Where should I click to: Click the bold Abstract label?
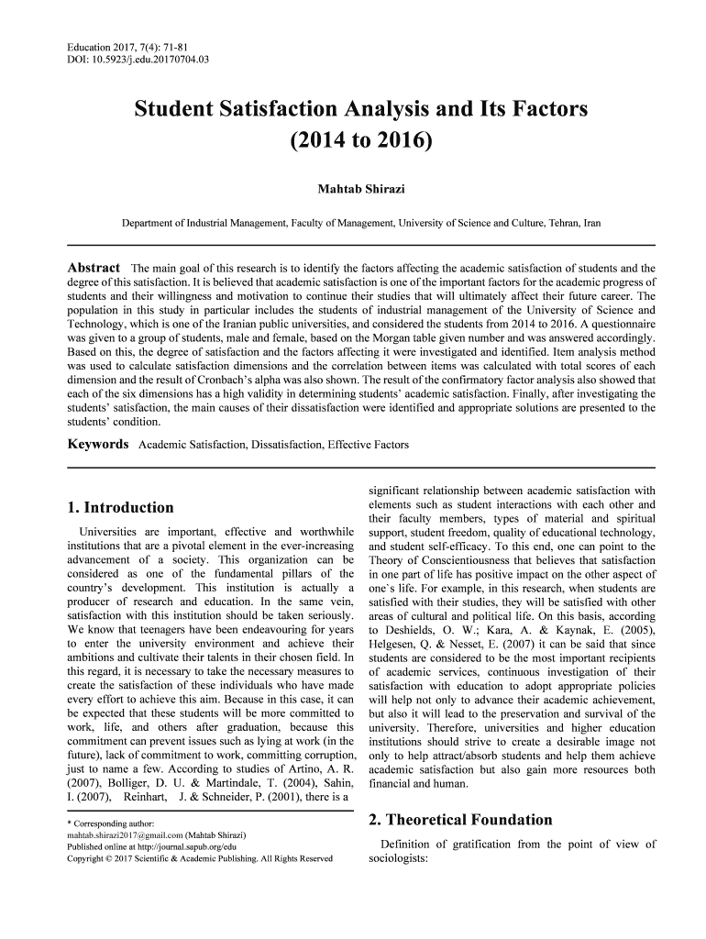pos(94,267)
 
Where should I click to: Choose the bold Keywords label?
pos(98,444)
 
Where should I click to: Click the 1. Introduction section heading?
pos(121,507)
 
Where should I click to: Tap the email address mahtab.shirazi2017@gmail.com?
pos(125,835)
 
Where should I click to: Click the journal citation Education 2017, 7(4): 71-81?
pos(128,46)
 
